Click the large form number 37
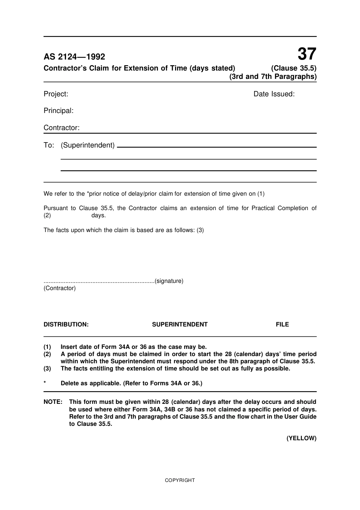[307, 54]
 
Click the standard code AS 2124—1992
[74, 57]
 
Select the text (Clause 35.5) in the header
[294, 68]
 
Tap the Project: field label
[56, 94]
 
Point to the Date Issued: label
[274, 94]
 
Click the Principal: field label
[58, 111]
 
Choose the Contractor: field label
[61, 128]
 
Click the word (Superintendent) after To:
[88, 145]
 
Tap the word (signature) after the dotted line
[169, 281]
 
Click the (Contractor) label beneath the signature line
[59, 288]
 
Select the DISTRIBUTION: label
[66, 325]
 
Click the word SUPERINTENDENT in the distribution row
[180, 325]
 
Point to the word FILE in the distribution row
[282, 325]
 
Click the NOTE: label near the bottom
[53, 402]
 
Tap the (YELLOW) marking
[301, 438]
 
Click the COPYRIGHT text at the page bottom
[180, 480]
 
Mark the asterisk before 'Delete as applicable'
[45, 383]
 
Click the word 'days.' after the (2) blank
[99, 215]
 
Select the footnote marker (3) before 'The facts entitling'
[47, 369]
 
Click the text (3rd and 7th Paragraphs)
[273, 77]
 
